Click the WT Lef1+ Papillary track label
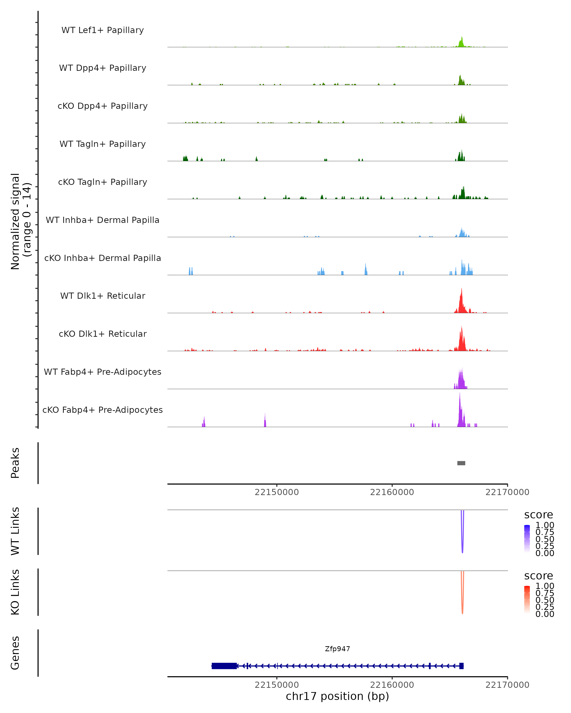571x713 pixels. (103, 30)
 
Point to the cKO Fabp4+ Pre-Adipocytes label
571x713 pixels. (103, 410)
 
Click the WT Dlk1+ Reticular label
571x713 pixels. (103, 296)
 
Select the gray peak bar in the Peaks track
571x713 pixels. (461, 463)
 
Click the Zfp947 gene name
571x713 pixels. (337, 649)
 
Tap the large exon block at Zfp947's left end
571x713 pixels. (224, 666)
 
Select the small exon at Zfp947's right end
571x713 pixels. (461, 666)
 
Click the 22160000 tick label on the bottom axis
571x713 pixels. (392, 685)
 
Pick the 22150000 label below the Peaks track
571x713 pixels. (277, 492)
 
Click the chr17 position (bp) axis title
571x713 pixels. (337, 696)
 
